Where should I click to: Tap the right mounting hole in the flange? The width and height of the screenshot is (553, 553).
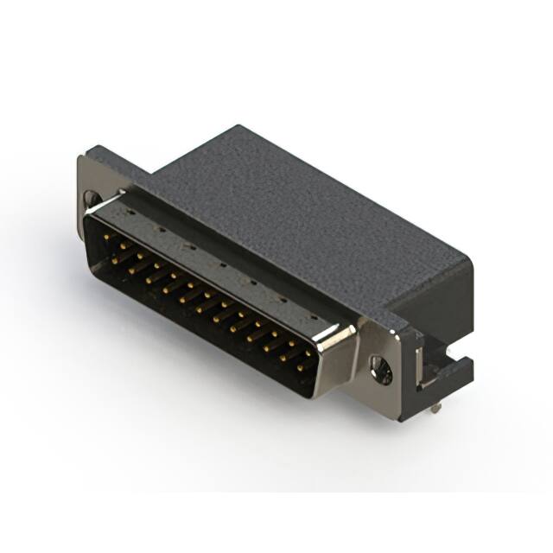(x=381, y=371)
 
